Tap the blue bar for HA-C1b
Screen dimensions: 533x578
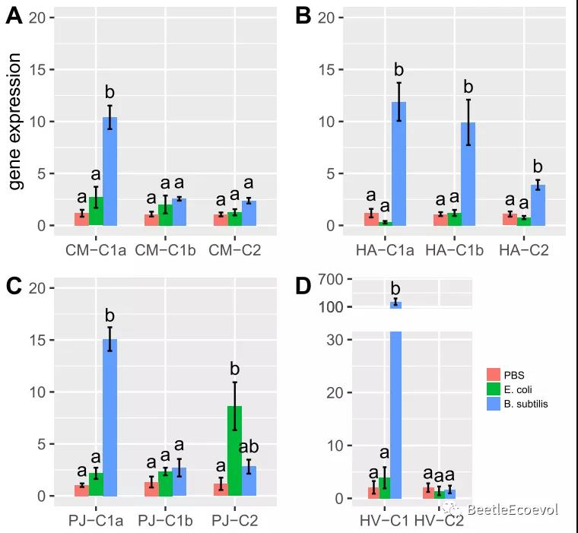[x=468, y=174]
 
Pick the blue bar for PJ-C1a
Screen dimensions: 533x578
[x=110, y=417]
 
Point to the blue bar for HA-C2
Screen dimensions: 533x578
[x=538, y=205]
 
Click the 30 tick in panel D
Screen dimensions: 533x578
[x=335, y=340]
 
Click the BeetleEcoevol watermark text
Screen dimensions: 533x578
[x=513, y=510]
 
